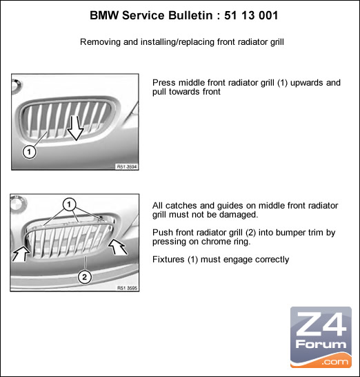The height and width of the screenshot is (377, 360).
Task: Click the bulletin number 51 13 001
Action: [251, 15]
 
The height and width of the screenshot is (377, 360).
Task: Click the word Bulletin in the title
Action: [190, 15]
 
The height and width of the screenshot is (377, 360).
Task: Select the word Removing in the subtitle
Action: [101, 42]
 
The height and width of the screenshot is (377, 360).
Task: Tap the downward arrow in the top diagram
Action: [75, 128]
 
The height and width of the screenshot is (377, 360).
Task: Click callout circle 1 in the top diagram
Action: [29, 152]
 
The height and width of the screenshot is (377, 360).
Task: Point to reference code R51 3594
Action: [127, 166]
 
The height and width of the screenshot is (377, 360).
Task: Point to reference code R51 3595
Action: [127, 288]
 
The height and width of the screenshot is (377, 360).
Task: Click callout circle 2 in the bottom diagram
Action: [85, 277]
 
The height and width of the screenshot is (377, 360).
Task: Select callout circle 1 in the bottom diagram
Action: [69, 204]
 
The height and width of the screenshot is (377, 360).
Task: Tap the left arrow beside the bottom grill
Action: [21, 253]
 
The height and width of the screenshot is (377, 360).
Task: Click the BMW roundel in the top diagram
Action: [17, 86]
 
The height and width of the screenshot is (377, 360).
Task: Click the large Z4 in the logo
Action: [321, 324]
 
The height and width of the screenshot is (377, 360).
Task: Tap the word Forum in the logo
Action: [321, 345]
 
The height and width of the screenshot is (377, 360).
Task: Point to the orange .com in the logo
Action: [335, 361]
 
